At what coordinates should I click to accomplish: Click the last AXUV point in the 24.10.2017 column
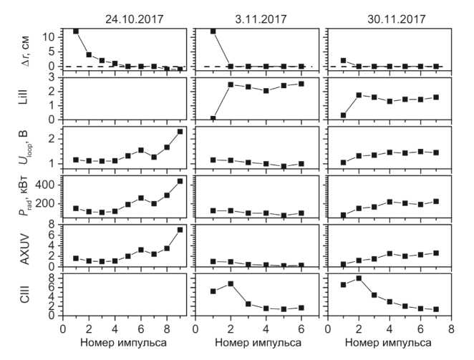(x=180, y=230)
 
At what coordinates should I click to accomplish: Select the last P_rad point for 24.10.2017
(x=180, y=181)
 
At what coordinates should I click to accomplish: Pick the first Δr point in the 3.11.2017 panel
(x=213, y=31)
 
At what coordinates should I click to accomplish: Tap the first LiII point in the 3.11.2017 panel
(x=213, y=118)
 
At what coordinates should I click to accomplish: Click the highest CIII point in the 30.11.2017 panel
(x=358, y=278)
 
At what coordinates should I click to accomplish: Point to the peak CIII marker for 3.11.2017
(x=231, y=283)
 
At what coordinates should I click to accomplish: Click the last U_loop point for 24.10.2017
(x=180, y=132)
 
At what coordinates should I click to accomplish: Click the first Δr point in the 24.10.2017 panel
(x=76, y=31)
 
